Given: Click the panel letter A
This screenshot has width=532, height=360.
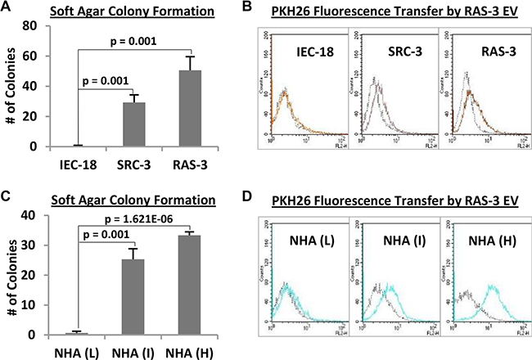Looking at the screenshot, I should point(7,7).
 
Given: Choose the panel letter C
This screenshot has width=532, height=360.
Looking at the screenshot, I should point(7,196).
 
